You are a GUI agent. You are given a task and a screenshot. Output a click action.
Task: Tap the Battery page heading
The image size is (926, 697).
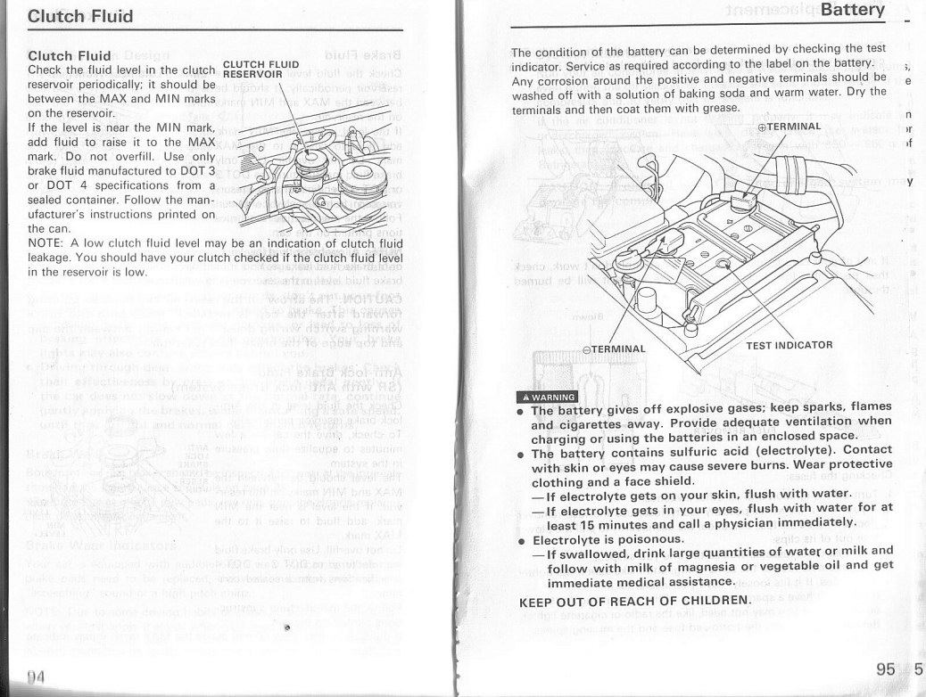[852, 11]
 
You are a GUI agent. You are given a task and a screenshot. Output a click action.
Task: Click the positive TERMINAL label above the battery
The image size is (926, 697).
[789, 127]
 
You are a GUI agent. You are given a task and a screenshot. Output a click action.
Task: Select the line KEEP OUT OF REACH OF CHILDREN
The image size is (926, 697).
[634, 600]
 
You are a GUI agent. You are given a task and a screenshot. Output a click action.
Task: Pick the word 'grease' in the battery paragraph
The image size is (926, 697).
[717, 109]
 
